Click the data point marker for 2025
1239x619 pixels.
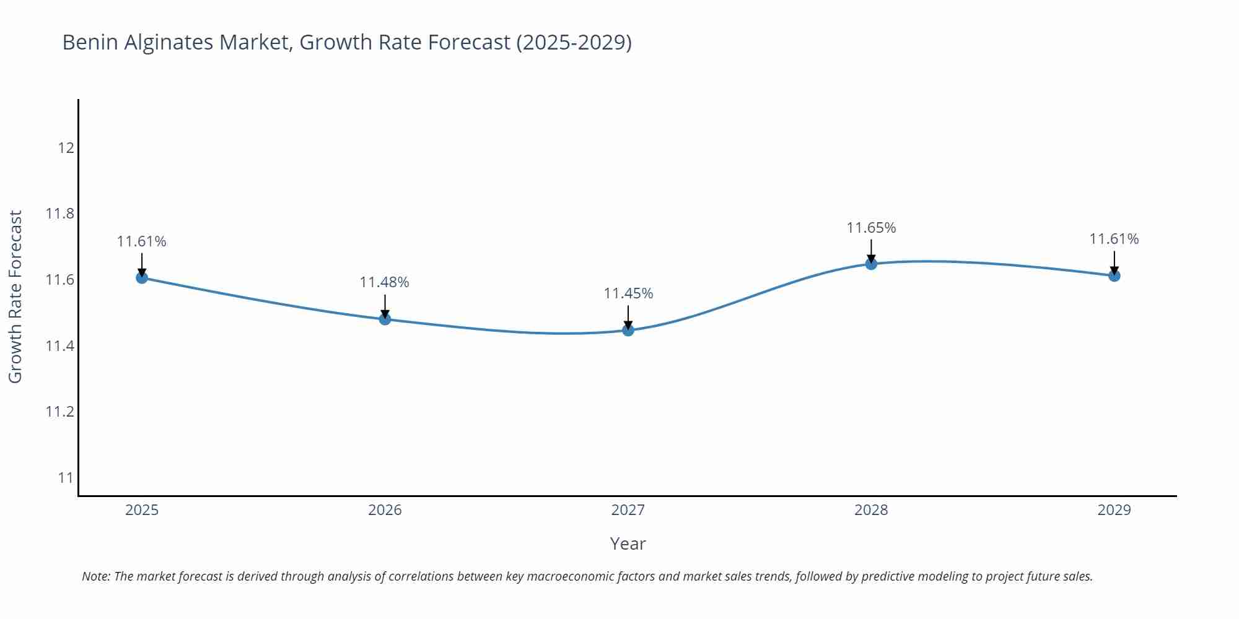click(x=142, y=277)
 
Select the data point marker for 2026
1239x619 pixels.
click(x=385, y=319)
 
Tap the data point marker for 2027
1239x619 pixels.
click(x=628, y=330)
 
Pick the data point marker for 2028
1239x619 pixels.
click(x=871, y=264)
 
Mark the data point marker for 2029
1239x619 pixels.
click(x=1114, y=275)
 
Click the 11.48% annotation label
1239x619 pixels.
click(x=384, y=282)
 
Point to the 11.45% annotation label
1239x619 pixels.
click(x=628, y=293)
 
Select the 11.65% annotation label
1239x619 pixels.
click(x=871, y=228)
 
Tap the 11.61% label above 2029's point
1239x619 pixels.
click(x=1114, y=239)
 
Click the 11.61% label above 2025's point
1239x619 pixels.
click(x=141, y=241)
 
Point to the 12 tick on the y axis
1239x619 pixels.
click(x=66, y=148)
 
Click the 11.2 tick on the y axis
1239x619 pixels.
click(x=59, y=412)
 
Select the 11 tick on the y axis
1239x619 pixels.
click(x=66, y=478)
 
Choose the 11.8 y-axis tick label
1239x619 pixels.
click(x=59, y=214)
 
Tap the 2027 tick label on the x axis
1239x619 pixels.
click(x=628, y=510)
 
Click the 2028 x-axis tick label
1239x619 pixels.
click(x=871, y=510)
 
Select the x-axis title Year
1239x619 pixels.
click(x=628, y=543)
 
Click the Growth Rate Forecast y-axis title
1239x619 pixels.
click(x=15, y=297)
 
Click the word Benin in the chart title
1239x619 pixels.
click(x=90, y=42)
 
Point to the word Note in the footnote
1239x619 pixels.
click(x=95, y=576)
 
